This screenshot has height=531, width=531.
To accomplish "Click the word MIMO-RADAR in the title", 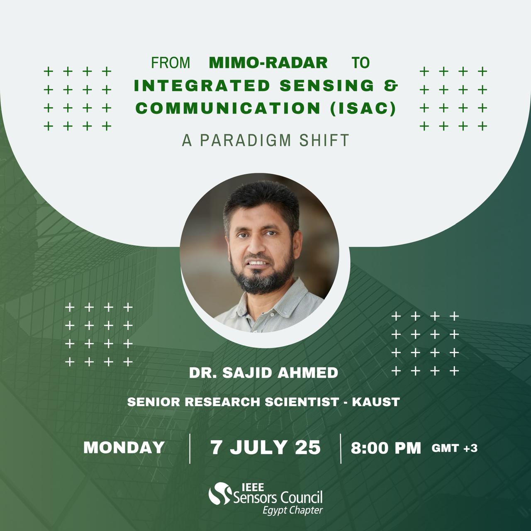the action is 268,63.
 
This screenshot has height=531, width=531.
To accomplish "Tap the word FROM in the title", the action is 171,63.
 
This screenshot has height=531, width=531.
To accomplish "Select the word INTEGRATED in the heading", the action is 202,85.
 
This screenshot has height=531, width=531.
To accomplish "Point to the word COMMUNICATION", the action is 228,108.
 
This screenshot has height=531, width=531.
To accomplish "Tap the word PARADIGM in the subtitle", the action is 246,140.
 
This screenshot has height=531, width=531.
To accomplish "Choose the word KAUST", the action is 376,402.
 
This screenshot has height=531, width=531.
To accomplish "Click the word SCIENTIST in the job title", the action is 302,402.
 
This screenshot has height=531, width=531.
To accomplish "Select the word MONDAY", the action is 124,447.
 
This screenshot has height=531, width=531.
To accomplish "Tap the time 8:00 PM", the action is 386,448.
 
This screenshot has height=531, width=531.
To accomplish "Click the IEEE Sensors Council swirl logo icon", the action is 220,494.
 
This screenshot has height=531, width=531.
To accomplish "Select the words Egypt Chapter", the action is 292,510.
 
